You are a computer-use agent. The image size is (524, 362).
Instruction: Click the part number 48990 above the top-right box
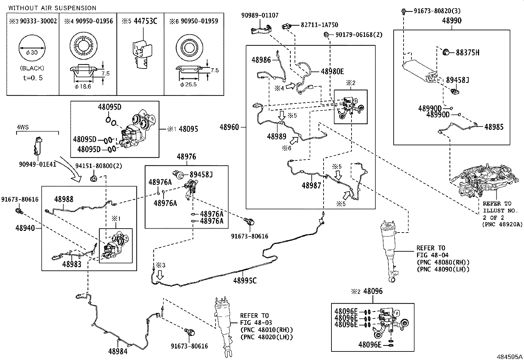pyautogui.click(x=452, y=21)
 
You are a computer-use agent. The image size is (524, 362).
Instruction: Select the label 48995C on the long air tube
pyautogui.click(x=245, y=280)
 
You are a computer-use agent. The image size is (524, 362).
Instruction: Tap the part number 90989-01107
pyautogui.click(x=260, y=15)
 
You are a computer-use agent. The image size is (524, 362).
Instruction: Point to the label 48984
pyautogui.click(x=118, y=351)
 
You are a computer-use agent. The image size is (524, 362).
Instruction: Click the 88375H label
pyautogui.click(x=468, y=52)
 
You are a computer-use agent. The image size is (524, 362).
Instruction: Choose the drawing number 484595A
pyautogui.click(x=510, y=357)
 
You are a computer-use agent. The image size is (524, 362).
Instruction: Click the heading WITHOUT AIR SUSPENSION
pyautogui.click(x=52, y=8)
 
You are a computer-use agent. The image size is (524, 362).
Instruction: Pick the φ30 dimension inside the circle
pyautogui.click(x=32, y=52)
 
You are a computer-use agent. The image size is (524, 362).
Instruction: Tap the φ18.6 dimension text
pyautogui.click(x=83, y=87)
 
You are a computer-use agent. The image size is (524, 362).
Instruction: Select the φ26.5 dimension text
pyautogui.click(x=188, y=85)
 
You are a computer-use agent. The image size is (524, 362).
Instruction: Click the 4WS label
pyautogui.click(x=23, y=127)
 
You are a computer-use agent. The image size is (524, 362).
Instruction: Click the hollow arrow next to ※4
pyautogui.click(x=291, y=86)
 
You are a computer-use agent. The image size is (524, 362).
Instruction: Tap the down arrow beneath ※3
pyautogui.click(x=160, y=275)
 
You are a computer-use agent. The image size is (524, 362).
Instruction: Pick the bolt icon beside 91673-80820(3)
pyautogui.click(x=404, y=11)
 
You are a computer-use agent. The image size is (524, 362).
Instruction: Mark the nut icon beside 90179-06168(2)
pyautogui.click(x=326, y=35)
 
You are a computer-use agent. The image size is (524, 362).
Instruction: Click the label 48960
pyautogui.click(x=229, y=127)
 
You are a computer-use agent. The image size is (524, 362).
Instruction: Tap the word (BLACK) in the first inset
pyautogui.click(x=32, y=68)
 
